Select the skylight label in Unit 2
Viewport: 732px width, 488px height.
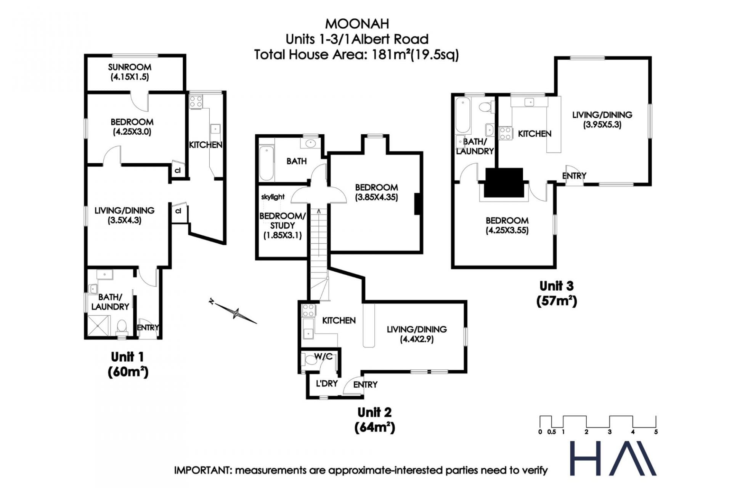(273, 197)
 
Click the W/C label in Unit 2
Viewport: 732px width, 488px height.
(323, 357)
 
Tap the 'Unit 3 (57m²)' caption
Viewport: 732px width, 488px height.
(557, 293)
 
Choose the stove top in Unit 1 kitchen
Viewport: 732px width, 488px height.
(196, 102)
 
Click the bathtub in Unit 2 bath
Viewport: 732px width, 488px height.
(266, 163)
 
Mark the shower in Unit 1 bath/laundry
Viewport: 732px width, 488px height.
(98, 326)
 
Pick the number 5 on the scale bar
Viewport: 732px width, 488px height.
(656, 432)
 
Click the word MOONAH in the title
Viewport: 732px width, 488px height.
(357, 24)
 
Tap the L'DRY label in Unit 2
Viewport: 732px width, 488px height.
(327, 383)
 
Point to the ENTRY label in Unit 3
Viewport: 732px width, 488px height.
(574, 176)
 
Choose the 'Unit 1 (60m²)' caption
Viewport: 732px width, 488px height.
(128, 364)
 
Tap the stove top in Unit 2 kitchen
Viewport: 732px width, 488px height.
(308, 310)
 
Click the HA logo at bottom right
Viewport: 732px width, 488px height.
(613, 458)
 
